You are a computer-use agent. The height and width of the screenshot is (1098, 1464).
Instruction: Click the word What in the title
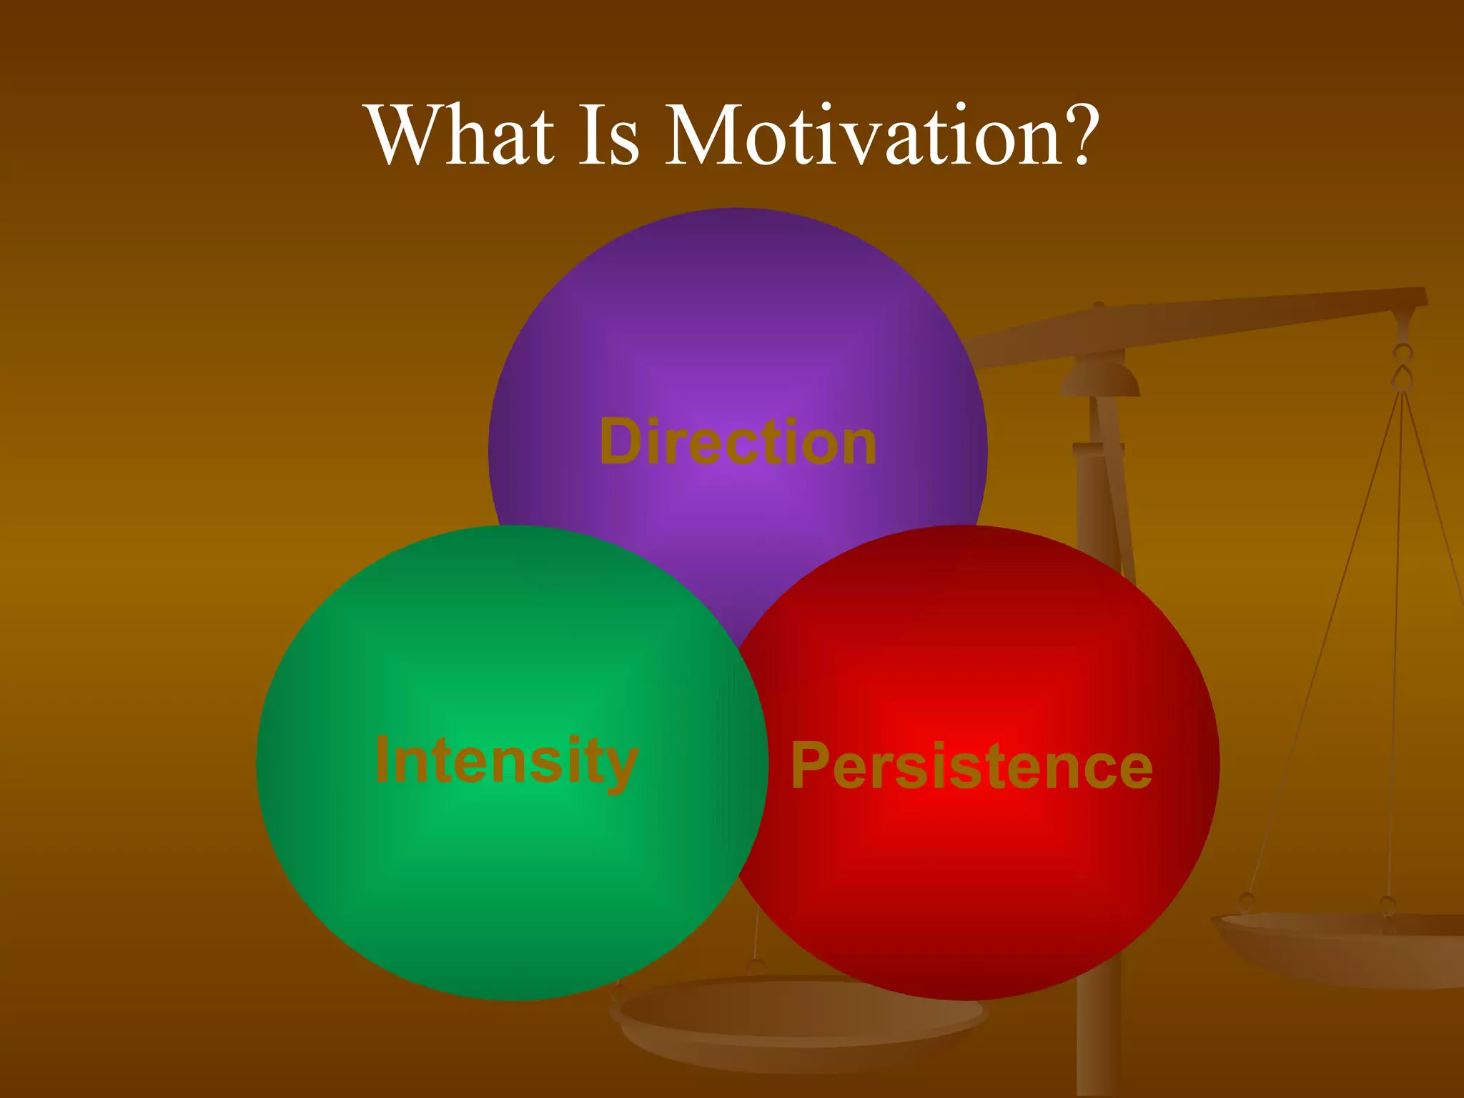pyautogui.click(x=462, y=136)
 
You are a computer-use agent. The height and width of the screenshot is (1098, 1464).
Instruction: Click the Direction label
pyautogui.click(x=738, y=442)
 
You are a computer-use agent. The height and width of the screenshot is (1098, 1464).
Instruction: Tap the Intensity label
pyautogui.click(x=506, y=761)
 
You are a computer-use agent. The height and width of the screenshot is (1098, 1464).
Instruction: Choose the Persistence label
pyautogui.click(x=971, y=766)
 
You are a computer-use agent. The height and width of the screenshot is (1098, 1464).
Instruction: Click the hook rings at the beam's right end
pyautogui.click(x=1403, y=366)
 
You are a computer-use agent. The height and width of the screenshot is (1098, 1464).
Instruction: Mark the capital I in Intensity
pyautogui.click(x=382, y=759)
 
